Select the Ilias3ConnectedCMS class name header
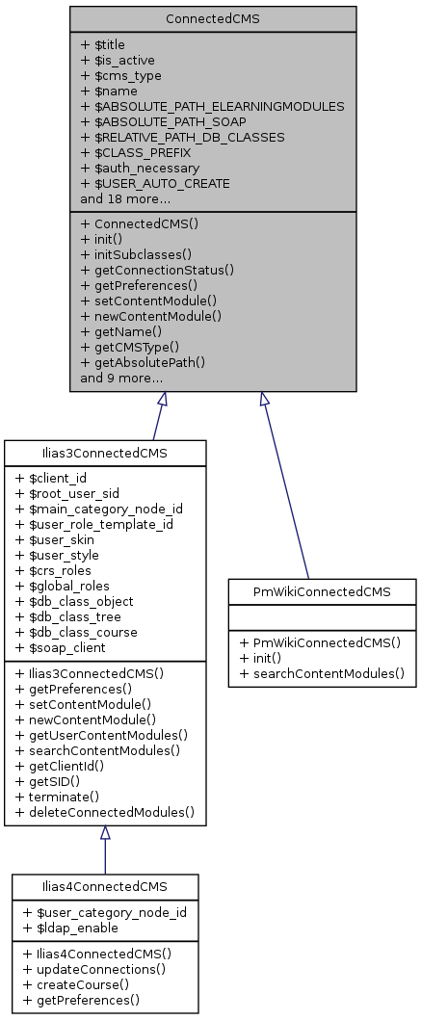tap(105, 453)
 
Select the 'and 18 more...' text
tap(125, 198)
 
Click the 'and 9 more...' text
tap(121, 379)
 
